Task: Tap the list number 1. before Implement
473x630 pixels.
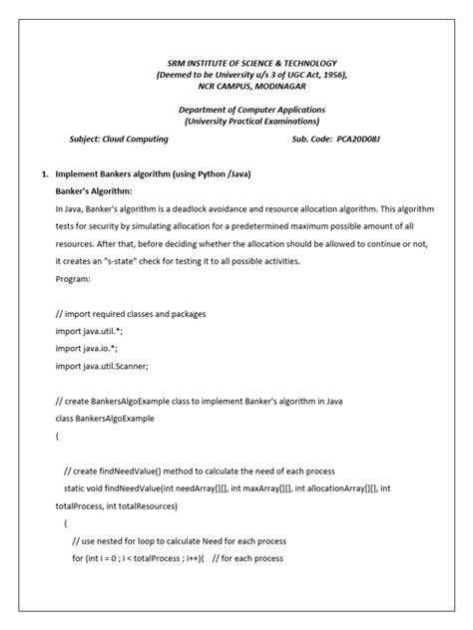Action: [x=45, y=174]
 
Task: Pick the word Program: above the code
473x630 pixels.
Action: [x=74, y=280]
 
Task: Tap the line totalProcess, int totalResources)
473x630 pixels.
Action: [x=117, y=505]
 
